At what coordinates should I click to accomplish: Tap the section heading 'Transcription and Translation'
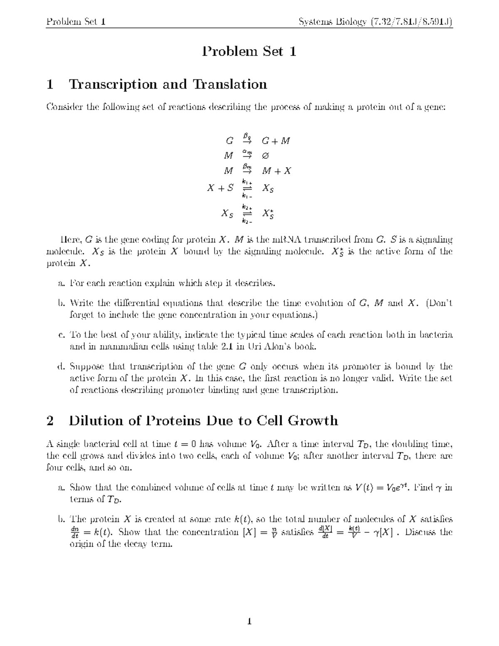(168, 84)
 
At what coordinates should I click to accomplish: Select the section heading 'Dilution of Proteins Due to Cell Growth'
(203, 421)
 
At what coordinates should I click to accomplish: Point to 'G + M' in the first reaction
(275, 141)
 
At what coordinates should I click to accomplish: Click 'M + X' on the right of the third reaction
(276, 171)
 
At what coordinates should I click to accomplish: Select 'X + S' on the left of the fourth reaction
(220, 188)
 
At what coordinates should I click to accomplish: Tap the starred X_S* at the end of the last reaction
(268, 214)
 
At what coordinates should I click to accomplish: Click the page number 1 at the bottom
(249, 622)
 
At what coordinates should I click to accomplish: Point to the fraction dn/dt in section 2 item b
(74, 532)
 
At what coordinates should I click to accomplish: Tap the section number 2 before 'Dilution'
(50, 421)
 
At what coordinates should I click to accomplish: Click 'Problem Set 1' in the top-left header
(76, 21)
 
